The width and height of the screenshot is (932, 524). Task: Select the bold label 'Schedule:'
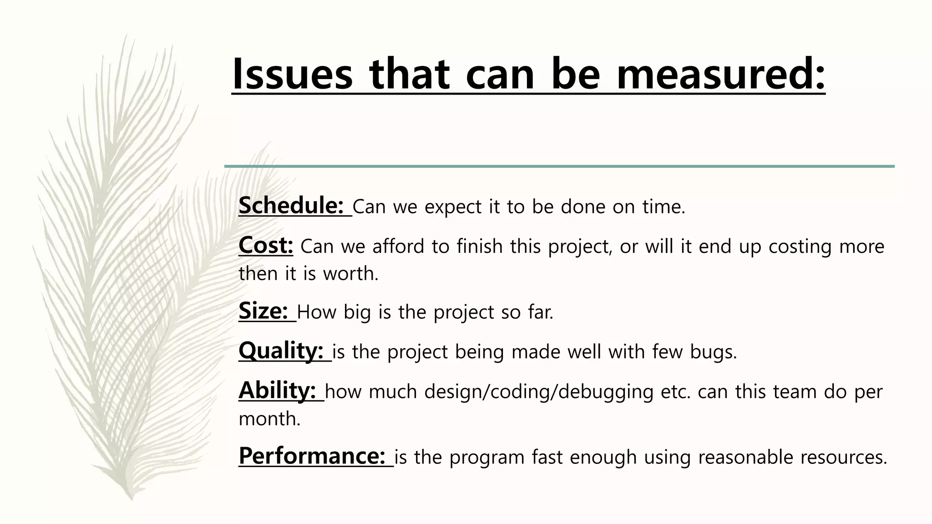(x=291, y=206)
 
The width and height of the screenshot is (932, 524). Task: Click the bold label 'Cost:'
(x=266, y=245)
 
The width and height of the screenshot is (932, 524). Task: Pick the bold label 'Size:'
(x=263, y=311)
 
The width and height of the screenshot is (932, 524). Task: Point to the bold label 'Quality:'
(x=281, y=351)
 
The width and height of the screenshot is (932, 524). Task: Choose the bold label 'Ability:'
(x=277, y=390)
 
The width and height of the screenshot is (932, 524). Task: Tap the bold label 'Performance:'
(x=312, y=456)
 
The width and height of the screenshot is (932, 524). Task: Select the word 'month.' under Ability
(x=269, y=418)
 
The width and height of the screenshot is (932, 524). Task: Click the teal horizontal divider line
(x=559, y=166)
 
